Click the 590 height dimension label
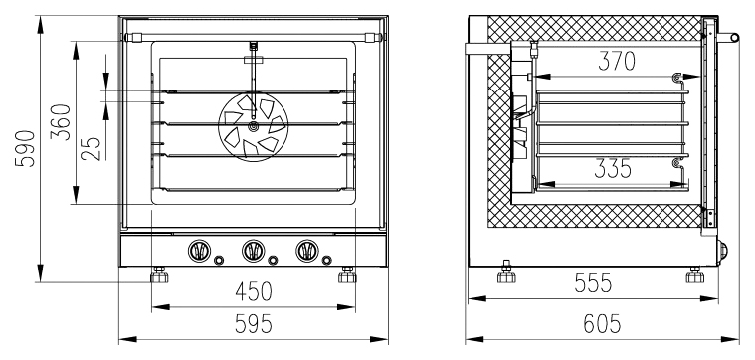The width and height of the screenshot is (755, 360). (25, 149)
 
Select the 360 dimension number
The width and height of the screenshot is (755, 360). (61, 121)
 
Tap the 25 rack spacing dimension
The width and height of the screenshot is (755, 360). (91, 149)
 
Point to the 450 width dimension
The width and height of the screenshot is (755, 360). (254, 291)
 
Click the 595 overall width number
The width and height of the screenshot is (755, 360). (254, 324)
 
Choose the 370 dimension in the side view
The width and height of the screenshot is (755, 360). (617, 61)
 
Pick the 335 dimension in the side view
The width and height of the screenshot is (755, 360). (613, 168)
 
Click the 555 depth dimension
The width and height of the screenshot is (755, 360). (593, 283)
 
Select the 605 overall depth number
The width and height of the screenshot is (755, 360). (602, 324)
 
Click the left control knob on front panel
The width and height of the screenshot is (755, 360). (199, 251)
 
